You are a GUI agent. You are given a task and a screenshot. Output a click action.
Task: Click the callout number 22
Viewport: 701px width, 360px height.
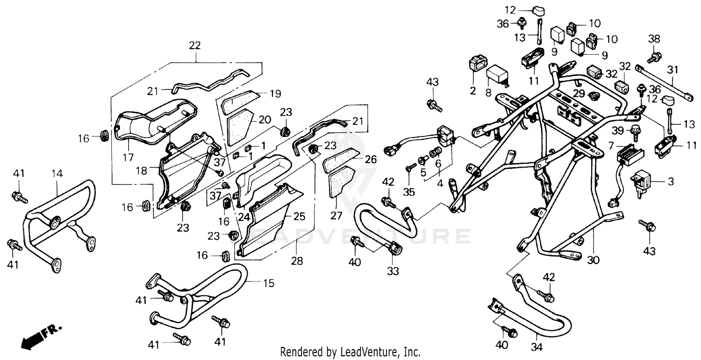tap(195, 45)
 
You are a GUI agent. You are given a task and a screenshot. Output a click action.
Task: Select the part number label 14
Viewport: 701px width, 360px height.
tap(57, 173)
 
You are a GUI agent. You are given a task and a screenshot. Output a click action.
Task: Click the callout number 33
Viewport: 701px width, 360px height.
tap(393, 271)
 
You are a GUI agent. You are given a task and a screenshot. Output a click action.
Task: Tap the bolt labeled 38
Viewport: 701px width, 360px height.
tap(654, 58)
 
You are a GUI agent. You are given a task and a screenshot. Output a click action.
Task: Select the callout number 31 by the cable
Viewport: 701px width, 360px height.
tap(672, 70)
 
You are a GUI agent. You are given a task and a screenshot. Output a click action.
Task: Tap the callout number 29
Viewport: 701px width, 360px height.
tap(579, 94)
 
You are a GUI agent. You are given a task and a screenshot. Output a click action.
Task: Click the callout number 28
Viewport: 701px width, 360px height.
tap(298, 261)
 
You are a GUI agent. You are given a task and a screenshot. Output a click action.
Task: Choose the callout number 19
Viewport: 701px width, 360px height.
tap(275, 94)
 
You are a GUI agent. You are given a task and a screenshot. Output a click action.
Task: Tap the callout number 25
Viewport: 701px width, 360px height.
tap(299, 216)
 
